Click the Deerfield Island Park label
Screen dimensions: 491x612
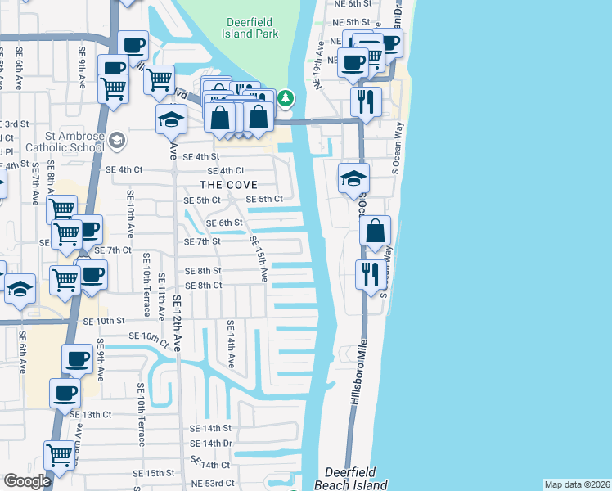[250, 28]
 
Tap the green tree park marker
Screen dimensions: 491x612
[285, 99]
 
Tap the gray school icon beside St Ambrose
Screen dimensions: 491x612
[116, 141]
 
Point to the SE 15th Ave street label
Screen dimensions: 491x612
[258, 259]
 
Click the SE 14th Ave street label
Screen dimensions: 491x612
[232, 344]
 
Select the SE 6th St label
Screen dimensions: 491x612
[224, 223]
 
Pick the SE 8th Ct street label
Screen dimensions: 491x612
[204, 285]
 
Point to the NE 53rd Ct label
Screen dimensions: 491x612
[213, 484]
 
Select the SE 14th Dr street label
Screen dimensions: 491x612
[211, 444]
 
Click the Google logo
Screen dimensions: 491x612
[27, 481]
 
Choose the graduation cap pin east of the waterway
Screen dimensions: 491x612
[353, 178]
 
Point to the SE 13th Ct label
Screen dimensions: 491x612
[90, 415]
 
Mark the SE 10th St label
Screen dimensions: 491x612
[103, 321]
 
